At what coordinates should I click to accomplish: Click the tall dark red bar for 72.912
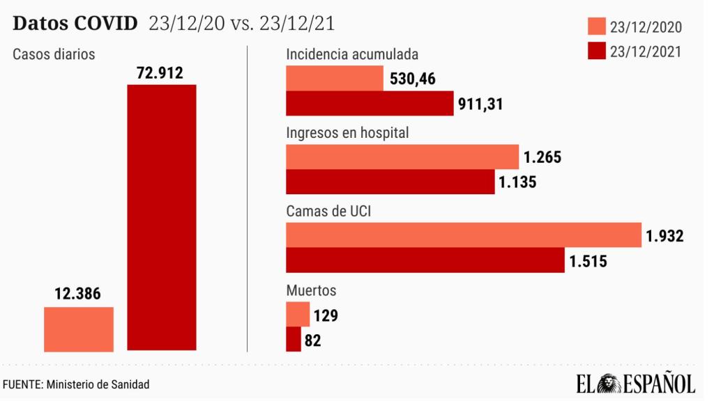161,217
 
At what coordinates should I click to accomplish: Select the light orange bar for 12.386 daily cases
79,329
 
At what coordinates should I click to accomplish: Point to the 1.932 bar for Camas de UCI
464,235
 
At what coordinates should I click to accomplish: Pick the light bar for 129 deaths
298,315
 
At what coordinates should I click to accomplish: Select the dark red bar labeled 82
294,340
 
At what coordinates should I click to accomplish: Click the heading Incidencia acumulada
352,54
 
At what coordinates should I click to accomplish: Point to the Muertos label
311,290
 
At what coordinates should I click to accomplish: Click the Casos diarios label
54,54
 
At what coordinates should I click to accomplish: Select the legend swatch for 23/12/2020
596,27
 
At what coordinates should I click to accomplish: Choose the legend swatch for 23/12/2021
596,51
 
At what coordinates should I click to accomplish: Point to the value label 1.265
542,157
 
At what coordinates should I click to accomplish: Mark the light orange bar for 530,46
335,79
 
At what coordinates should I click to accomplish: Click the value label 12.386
78,294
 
